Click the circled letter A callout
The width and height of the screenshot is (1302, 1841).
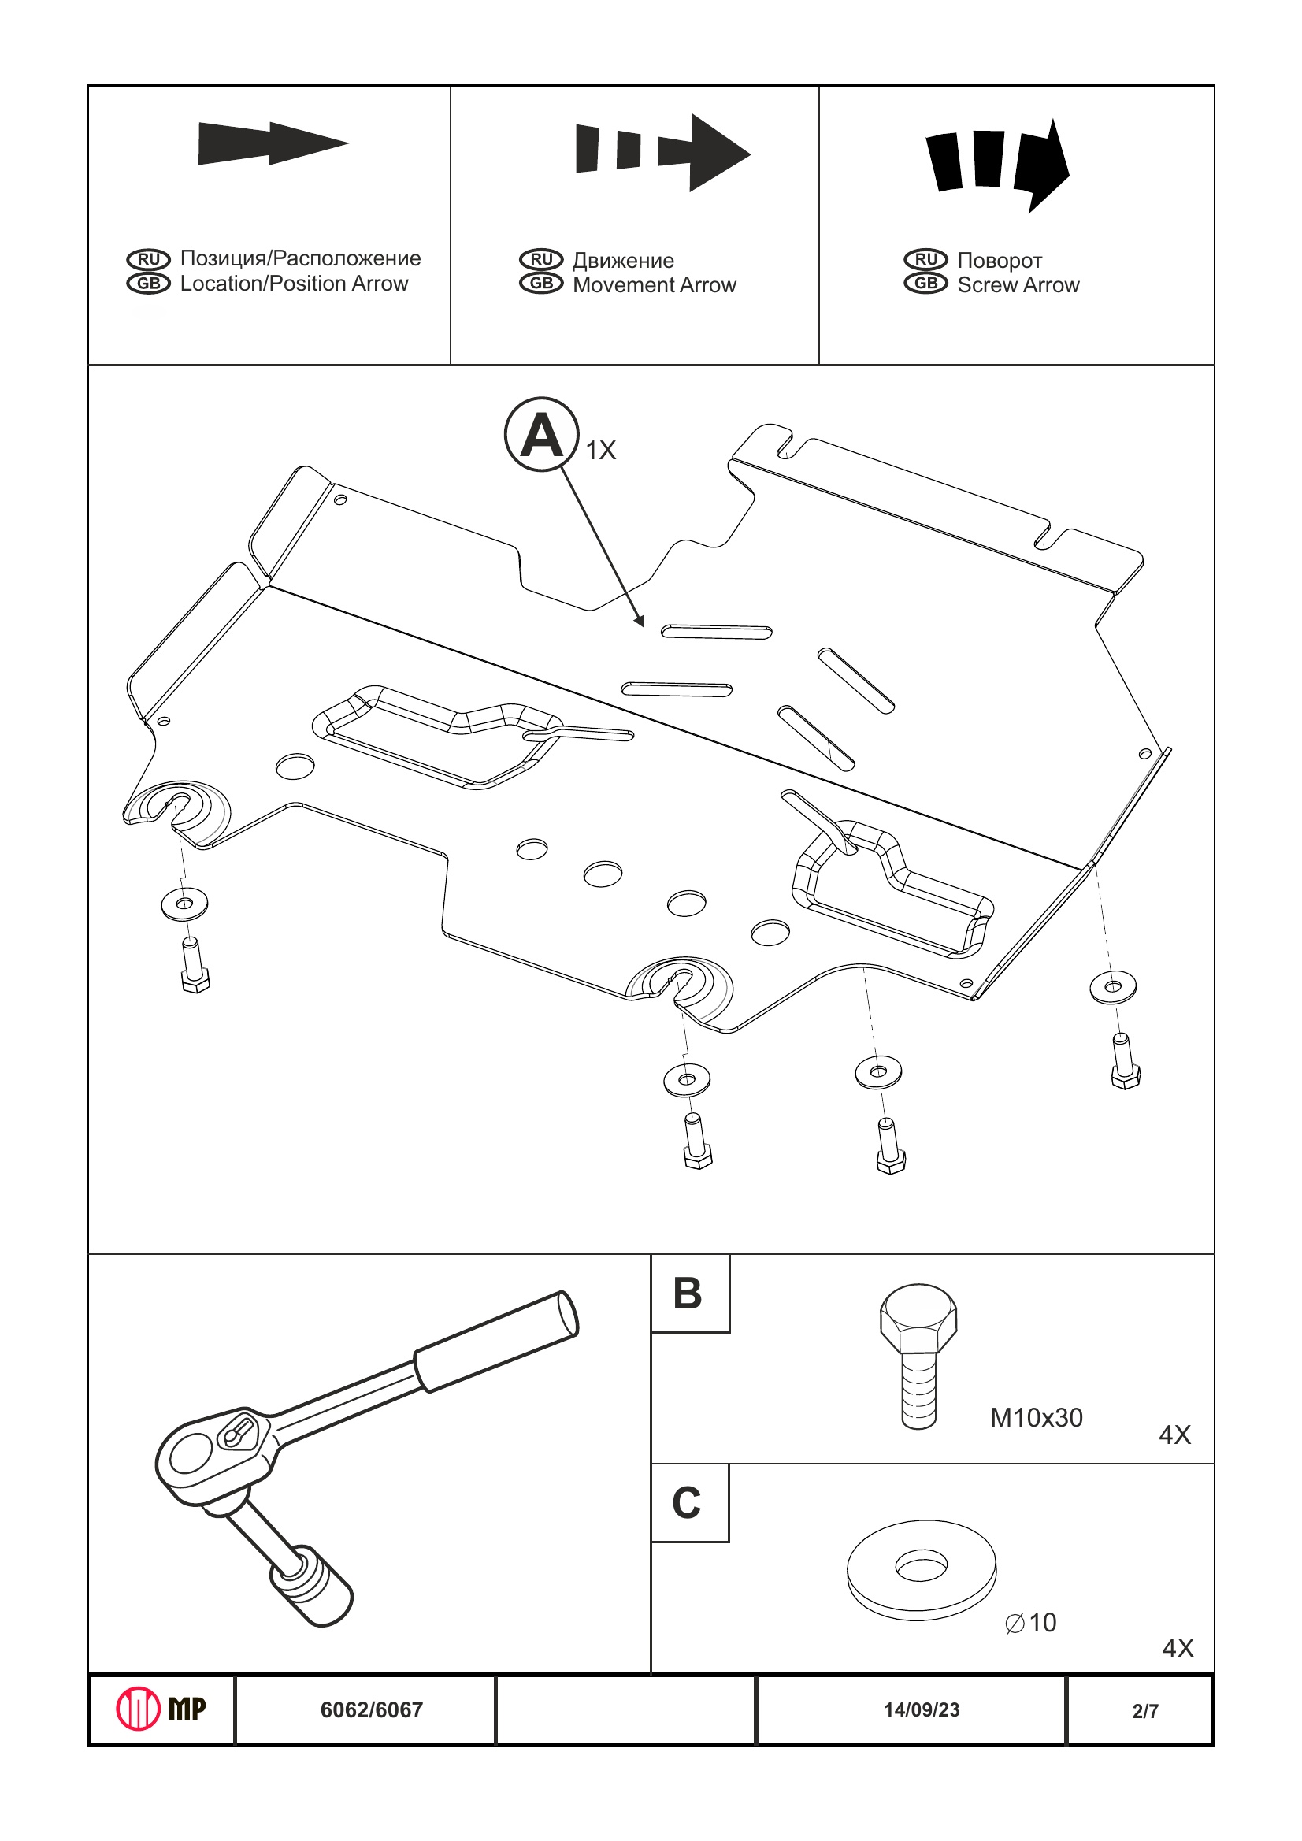tap(541, 434)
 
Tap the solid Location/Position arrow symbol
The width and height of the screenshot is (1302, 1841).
tap(272, 143)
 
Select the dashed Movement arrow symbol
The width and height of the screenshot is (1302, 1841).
tap(662, 151)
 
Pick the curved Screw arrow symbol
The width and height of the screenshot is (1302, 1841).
tap(997, 164)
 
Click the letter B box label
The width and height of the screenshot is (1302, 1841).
tap(688, 1294)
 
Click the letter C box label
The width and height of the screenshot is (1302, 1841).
tap(687, 1502)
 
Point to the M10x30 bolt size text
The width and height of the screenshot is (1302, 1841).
tap(1036, 1418)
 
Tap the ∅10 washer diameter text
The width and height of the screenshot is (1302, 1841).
tap(1031, 1623)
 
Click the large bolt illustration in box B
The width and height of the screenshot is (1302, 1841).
tap(918, 1355)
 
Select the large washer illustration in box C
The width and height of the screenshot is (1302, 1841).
tap(922, 1568)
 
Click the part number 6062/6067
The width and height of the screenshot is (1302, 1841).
tap(371, 1710)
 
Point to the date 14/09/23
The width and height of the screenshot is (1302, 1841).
tap(922, 1709)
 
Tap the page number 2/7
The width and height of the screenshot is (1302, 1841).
tap(1145, 1711)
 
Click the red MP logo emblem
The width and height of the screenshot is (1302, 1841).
tap(138, 1709)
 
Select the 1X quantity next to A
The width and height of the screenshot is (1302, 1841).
tap(600, 451)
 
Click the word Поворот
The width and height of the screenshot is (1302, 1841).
tap(999, 261)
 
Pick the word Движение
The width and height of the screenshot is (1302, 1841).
tap(623, 261)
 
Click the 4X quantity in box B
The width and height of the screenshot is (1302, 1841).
tap(1174, 1435)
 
